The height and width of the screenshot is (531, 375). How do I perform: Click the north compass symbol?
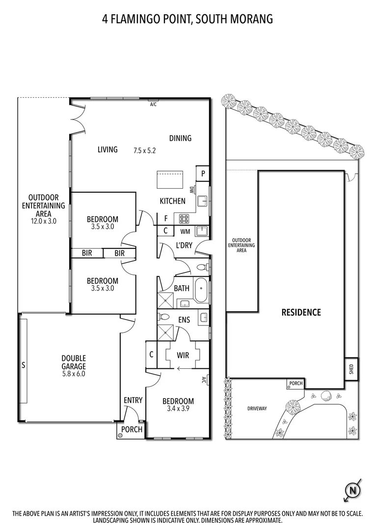point(353,490)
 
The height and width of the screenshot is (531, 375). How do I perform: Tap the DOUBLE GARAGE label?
point(74,362)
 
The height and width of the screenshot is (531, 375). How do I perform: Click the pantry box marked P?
point(203,174)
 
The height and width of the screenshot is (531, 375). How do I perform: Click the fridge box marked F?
point(166,218)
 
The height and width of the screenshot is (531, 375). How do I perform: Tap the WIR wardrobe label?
point(183,354)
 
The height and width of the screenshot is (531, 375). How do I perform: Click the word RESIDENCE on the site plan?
point(301,312)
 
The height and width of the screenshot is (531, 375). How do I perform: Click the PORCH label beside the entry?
point(132,430)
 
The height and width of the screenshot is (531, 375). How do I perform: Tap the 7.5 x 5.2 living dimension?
point(144,150)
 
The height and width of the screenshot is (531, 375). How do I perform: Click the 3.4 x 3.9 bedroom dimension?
point(178,409)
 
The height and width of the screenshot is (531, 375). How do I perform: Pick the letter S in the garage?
point(23,365)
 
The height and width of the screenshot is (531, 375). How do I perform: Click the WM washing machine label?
point(185,231)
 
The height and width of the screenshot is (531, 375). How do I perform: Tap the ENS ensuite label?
point(184,320)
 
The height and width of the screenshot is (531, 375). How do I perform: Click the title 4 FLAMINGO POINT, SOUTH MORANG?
point(187,19)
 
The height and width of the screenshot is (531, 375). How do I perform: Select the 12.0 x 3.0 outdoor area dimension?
point(43,221)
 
